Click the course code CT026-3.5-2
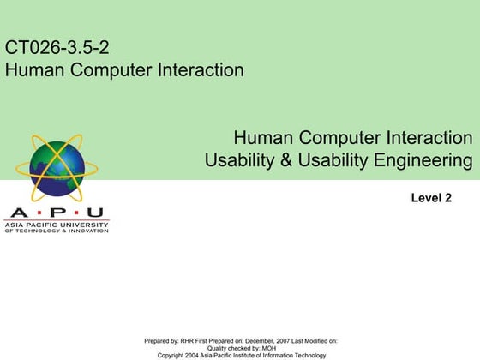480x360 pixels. [x=57, y=47]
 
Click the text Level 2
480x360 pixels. [x=431, y=199]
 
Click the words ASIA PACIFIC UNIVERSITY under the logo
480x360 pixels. [x=57, y=225]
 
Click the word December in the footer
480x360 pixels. [x=254, y=341]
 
